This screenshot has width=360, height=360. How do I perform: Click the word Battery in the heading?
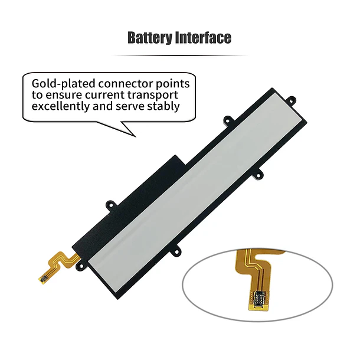[150, 38]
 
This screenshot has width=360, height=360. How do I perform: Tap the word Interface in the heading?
[203, 38]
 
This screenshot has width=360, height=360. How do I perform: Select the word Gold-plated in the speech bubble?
[63, 84]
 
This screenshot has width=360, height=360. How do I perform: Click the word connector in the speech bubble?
[126, 84]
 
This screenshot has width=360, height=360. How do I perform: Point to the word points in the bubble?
[173, 84]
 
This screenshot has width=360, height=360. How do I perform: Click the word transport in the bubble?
[153, 96]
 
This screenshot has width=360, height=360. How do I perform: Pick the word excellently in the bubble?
[61, 106]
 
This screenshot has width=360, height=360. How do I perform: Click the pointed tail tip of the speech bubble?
[136, 137]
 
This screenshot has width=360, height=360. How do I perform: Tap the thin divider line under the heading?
[179, 55]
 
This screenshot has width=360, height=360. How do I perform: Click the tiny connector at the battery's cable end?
[44, 279]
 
